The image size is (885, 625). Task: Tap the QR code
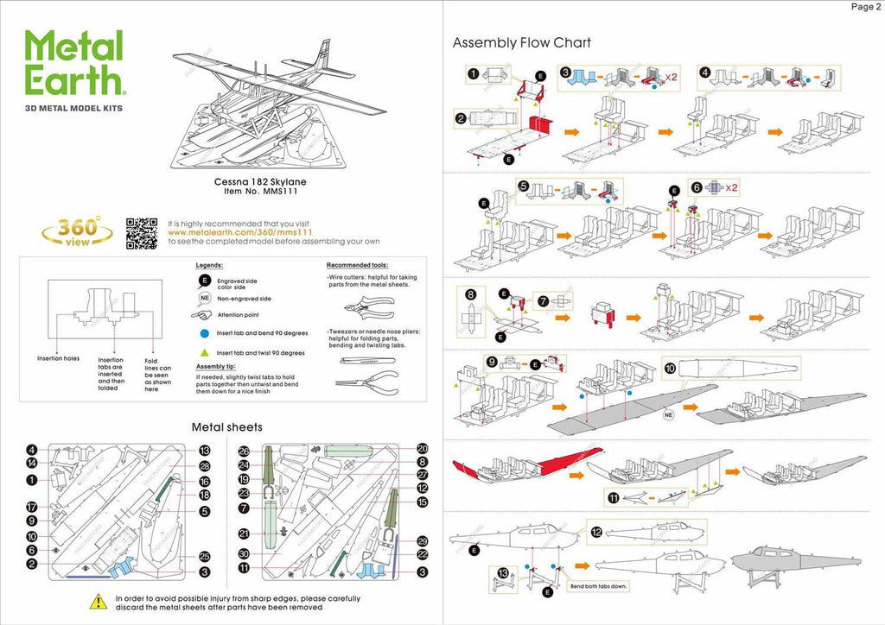142,232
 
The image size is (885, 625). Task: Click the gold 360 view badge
77,230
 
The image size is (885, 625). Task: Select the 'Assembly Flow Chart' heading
521,42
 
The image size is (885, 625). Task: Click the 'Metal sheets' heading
226,426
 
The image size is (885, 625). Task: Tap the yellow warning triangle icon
98,601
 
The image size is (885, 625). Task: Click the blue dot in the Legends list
205,332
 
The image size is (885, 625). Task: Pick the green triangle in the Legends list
205,352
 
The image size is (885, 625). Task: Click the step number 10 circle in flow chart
670,367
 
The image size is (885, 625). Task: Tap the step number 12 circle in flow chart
595,532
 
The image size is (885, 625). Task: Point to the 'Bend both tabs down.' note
596,586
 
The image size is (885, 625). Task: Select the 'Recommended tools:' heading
357,265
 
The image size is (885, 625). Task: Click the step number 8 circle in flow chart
470,294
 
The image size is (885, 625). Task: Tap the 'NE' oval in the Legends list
205,298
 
